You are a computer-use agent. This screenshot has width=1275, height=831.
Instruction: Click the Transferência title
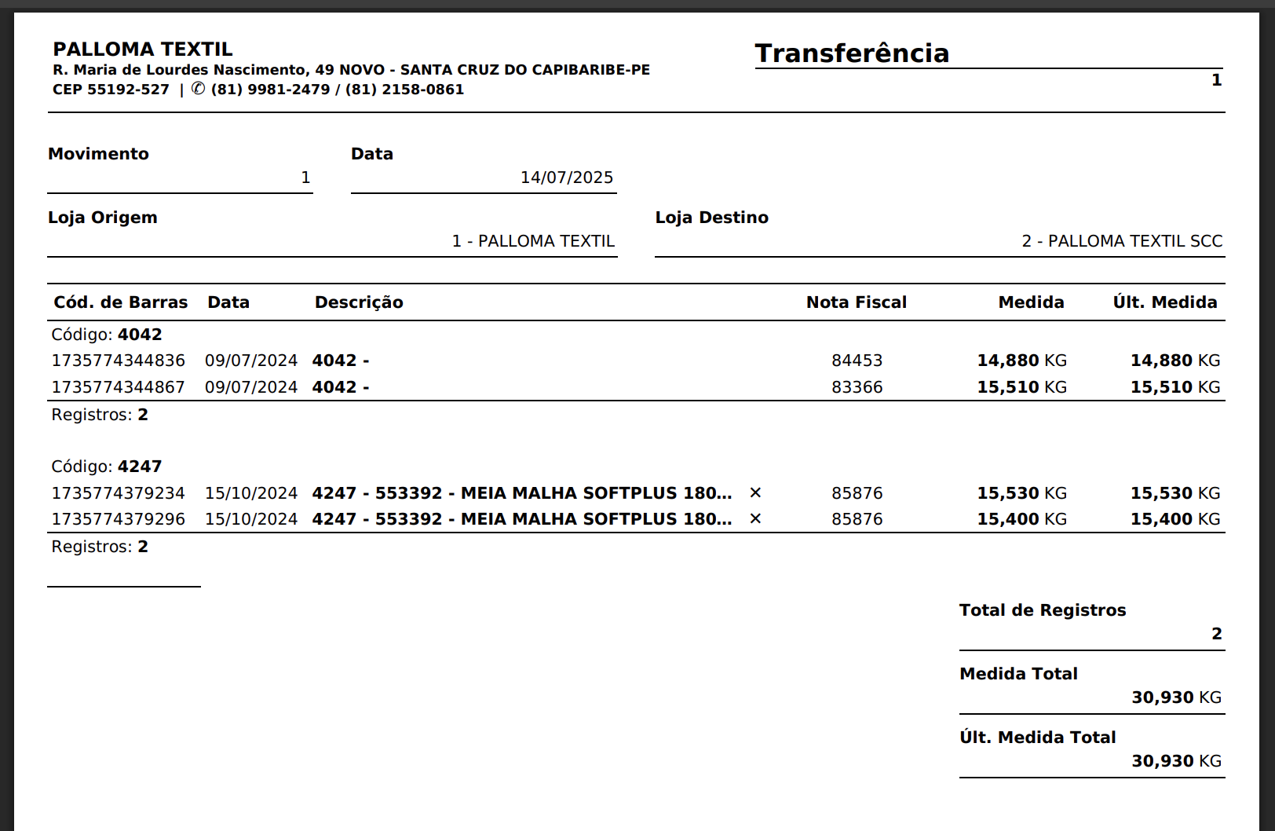(x=852, y=53)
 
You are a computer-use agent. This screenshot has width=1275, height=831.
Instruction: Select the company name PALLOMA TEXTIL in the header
(x=143, y=49)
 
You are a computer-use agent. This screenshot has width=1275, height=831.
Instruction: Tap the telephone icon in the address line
(x=198, y=90)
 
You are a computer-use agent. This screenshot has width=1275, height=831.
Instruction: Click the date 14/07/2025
(x=566, y=178)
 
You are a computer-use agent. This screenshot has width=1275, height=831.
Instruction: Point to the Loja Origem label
(x=102, y=218)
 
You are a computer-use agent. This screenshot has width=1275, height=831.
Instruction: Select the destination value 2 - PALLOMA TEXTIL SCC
(x=1121, y=241)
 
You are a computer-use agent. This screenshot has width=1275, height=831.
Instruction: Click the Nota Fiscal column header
(x=856, y=302)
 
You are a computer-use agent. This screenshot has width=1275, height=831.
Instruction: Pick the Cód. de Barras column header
(x=120, y=302)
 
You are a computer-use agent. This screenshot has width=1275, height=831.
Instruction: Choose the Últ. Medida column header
(x=1164, y=302)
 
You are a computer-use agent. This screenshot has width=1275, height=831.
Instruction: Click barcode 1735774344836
(x=119, y=361)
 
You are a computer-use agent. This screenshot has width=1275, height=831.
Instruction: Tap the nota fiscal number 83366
(x=857, y=387)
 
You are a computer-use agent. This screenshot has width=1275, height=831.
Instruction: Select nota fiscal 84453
(x=857, y=361)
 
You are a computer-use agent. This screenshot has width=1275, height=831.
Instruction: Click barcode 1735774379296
(x=119, y=519)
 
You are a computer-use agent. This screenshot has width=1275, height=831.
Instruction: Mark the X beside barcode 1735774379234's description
(x=755, y=493)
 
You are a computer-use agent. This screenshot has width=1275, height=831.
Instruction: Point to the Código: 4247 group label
(x=107, y=467)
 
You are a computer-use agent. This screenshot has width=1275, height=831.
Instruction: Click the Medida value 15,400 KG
(x=1021, y=519)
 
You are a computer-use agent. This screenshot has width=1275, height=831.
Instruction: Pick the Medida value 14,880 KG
(x=1021, y=361)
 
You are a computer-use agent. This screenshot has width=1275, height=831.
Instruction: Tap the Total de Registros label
(x=1042, y=610)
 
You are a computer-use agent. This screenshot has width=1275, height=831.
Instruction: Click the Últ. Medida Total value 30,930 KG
(x=1176, y=761)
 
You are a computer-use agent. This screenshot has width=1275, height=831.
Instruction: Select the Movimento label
(x=98, y=154)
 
